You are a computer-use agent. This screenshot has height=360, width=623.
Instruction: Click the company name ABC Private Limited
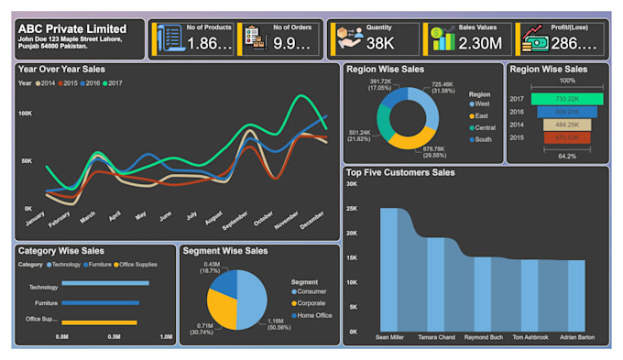coord(72,28)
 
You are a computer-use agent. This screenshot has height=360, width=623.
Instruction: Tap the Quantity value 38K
coord(379,42)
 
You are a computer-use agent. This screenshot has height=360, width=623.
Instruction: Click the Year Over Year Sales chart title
coord(61,70)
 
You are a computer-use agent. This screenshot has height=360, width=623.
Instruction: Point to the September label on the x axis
coord(235,225)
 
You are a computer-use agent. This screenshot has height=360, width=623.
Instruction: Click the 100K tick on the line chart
coord(26,113)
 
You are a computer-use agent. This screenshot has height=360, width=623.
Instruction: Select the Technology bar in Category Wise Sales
coord(104,284)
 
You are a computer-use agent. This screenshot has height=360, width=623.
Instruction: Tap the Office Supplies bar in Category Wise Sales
coord(99,322)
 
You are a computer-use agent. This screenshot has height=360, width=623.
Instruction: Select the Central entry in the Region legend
coord(484,128)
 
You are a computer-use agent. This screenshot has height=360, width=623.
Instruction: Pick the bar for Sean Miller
coord(389,271)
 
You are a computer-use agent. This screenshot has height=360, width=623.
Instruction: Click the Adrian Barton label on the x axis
coord(575,338)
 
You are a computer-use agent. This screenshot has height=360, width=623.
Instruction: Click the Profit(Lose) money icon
coord(534,38)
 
